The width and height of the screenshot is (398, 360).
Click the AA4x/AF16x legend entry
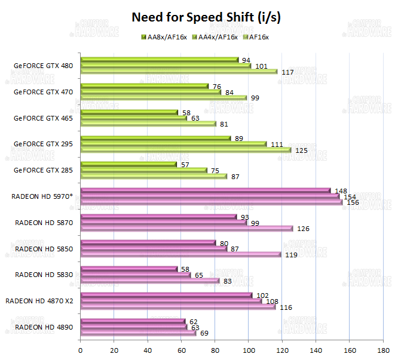click(217, 38)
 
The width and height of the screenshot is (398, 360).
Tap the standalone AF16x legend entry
click(258, 38)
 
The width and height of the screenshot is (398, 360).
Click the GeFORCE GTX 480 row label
click(43, 66)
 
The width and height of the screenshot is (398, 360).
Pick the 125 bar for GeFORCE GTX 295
click(185, 150)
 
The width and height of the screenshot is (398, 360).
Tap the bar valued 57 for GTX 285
click(128, 164)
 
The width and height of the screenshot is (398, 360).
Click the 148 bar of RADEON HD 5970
click(204, 190)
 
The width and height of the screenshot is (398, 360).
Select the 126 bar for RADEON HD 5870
click(186, 228)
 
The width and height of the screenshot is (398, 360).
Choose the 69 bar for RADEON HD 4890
click(137, 333)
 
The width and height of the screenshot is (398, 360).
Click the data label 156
click(352, 202)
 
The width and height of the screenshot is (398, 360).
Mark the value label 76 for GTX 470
click(218, 87)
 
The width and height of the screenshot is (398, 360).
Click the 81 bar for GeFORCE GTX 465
click(148, 124)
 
